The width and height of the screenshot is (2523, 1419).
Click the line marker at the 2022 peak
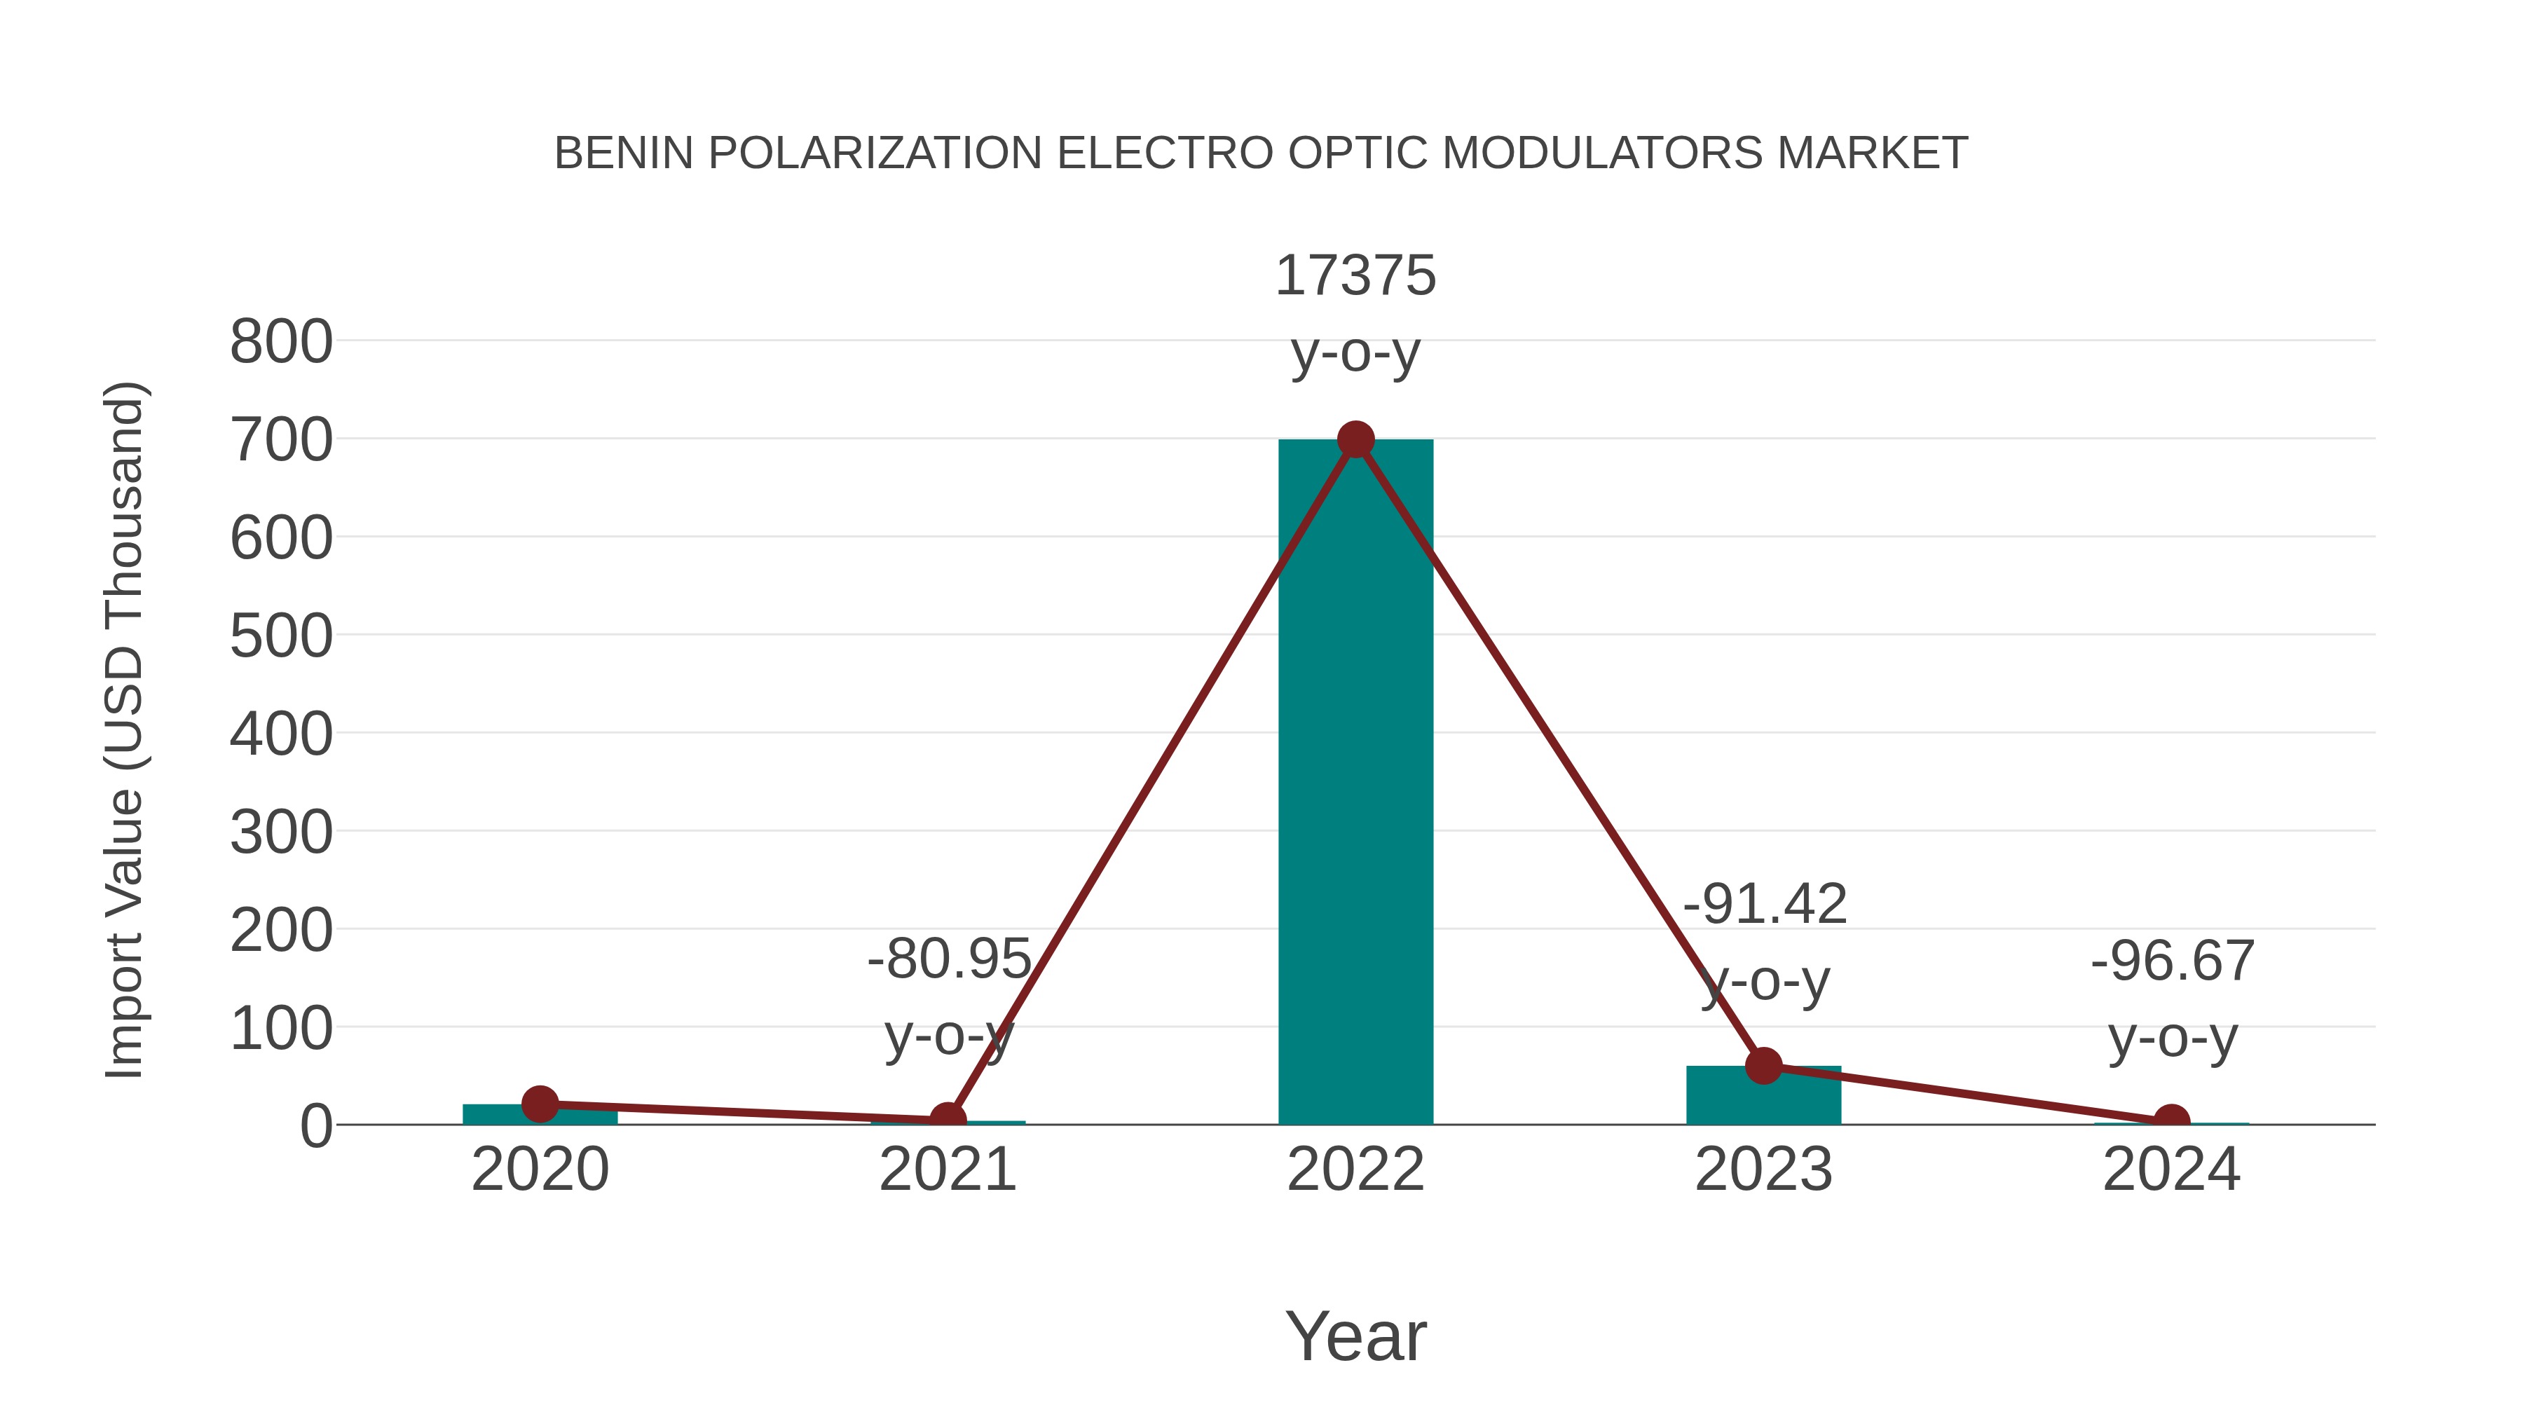tap(1355, 439)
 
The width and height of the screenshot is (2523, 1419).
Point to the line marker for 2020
tap(540, 1104)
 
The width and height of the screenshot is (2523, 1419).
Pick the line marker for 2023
tap(1763, 1065)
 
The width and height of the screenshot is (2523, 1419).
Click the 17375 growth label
tap(1355, 275)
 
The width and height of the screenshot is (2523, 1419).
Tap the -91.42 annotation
tap(1764, 904)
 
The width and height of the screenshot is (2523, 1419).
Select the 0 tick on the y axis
tap(315, 1126)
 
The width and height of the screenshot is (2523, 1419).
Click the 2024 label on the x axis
tap(2171, 1170)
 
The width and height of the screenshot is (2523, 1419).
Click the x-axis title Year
tap(1355, 1337)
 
